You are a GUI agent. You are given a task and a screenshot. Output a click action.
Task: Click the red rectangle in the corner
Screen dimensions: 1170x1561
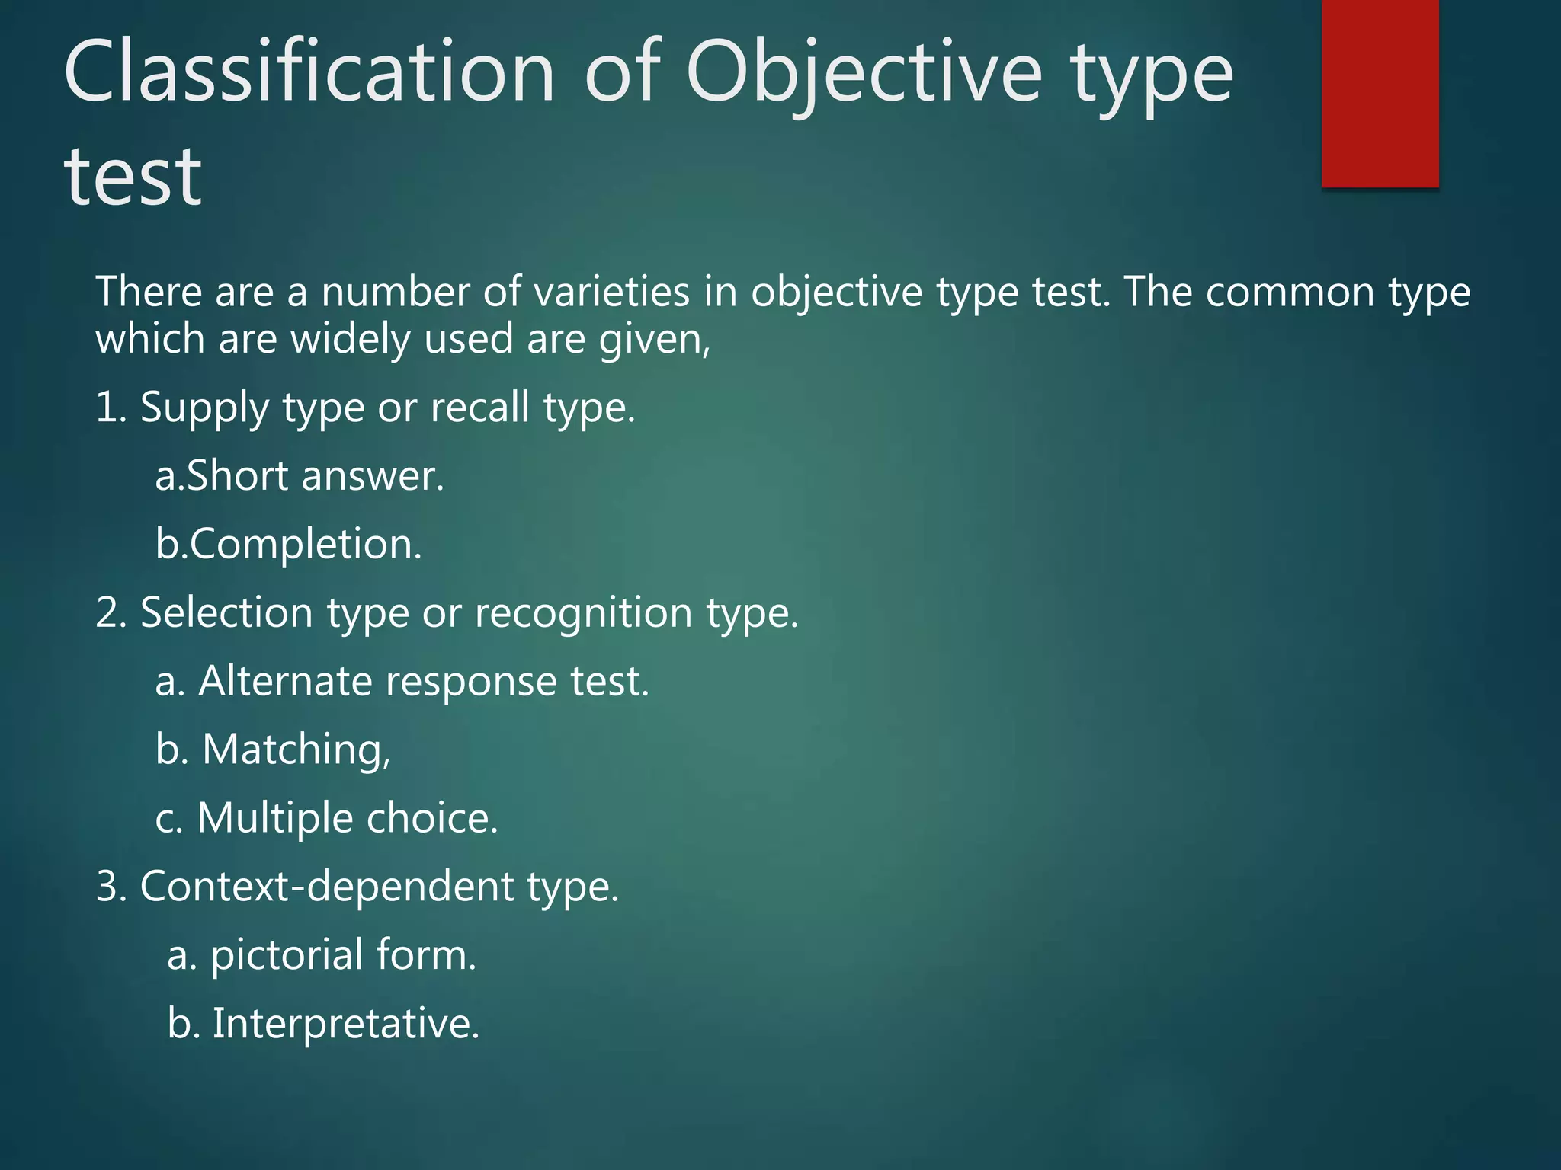coord(1380,93)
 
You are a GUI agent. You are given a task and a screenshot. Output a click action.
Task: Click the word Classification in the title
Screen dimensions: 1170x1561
coord(309,73)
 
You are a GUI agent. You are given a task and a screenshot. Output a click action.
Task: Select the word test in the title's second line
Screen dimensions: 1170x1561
coord(133,177)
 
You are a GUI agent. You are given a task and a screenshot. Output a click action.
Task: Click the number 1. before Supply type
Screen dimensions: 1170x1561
coord(111,407)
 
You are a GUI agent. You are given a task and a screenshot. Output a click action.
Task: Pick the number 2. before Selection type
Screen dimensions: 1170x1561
coord(111,612)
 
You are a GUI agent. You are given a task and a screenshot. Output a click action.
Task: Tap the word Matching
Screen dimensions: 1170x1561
coord(296,750)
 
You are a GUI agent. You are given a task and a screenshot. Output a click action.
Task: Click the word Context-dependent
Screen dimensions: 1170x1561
coord(327,887)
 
